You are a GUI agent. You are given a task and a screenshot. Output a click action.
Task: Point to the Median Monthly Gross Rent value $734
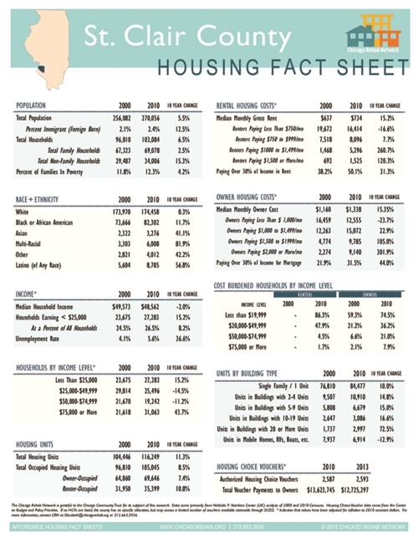[x=355, y=120]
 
